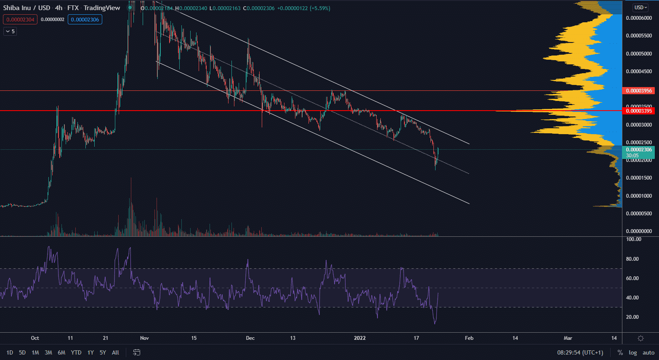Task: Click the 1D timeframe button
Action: [x=10, y=352]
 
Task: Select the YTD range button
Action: [x=76, y=352]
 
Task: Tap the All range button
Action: [x=115, y=352]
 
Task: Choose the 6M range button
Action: [x=61, y=352]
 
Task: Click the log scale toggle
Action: [x=632, y=352]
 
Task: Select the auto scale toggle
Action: [x=648, y=352]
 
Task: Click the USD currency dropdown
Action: [x=640, y=7]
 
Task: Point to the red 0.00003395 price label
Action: [x=638, y=111]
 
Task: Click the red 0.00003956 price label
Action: [x=638, y=91]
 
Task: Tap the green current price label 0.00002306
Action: [x=638, y=150]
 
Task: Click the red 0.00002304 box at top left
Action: [x=20, y=19]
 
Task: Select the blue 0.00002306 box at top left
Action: [x=85, y=19]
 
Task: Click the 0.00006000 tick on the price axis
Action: [x=639, y=18]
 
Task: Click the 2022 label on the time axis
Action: [x=360, y=338]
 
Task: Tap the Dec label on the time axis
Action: [x=250, y=338]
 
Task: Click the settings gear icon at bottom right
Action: [x=640, y=338]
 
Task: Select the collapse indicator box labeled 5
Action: [x=10, y=31]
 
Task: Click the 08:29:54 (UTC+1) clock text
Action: [x=580, y=352]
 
